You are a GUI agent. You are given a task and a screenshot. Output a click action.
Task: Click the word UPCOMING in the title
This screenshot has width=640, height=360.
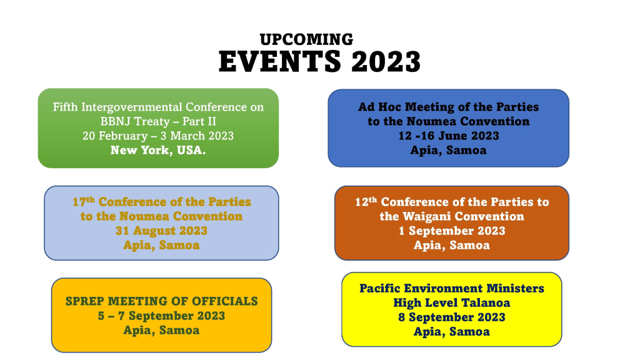click(306, 39)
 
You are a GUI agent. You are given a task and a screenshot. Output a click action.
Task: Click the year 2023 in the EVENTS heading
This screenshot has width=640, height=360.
click(386, 62)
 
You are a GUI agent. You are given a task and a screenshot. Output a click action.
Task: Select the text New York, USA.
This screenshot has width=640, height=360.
click(158, 150)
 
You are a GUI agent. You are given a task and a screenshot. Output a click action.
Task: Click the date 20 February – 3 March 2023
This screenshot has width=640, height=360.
click(158, 136)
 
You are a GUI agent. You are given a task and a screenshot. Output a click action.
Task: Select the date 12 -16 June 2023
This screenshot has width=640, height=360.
click(448, 136)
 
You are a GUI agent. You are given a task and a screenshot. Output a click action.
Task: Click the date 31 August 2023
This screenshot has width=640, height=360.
click(161, 231)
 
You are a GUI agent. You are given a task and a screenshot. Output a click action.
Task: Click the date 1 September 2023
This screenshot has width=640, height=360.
click(452, 231)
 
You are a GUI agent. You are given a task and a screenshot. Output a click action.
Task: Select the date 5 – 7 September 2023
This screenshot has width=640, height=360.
click(161, 316)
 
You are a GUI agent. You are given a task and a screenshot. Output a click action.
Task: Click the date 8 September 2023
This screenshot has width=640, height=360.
click(452, 317)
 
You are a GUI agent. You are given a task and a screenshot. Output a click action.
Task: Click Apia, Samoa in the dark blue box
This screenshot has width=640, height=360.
click(448, 150)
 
